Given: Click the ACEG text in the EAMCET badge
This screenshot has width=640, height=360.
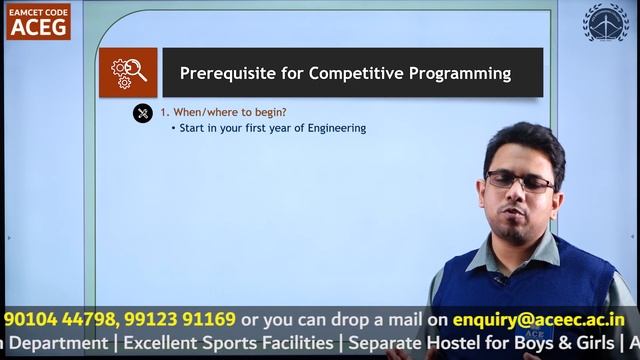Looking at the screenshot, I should tap(38, 27).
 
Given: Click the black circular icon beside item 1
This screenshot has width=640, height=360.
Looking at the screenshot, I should tap(143, 113).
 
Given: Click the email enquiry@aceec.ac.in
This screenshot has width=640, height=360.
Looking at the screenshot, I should tap(538, 320).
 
